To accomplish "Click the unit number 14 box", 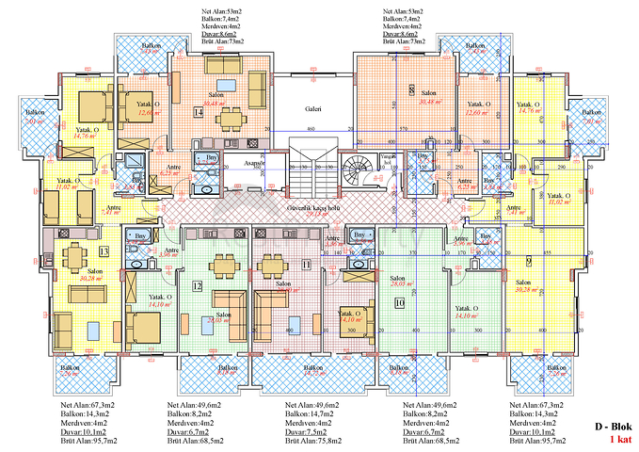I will coord(198,112).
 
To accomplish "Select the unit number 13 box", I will coord(104,250).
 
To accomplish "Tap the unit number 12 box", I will coord(198,284).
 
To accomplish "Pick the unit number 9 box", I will coord(530,261).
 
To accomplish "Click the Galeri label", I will coord(313,109).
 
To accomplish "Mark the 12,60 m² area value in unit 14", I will coord(145,113).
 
